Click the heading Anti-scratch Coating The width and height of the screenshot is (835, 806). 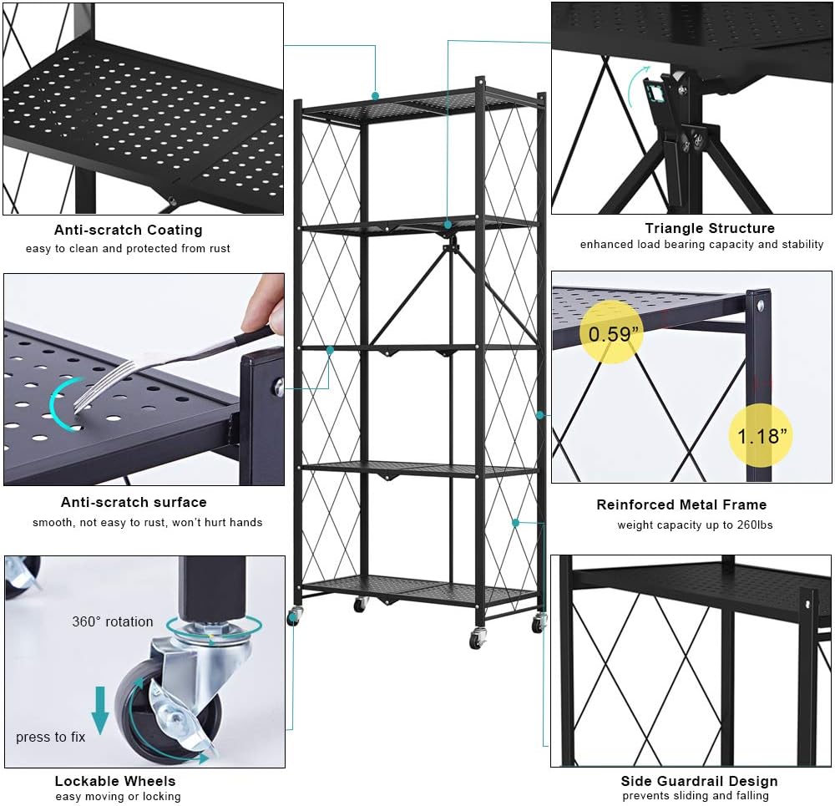tap(129, 230)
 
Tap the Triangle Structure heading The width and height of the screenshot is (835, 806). tap(709, 228)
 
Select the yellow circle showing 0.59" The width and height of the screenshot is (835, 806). tap(615, 333)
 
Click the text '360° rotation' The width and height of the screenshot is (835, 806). tap(113, 621)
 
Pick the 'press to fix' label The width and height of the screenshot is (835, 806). tap(51, 737)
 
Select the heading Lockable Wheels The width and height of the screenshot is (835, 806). tap(115, 781)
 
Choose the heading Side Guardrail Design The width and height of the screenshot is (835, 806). tap(699, 781)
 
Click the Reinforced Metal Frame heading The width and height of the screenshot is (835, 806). tap(681, 504)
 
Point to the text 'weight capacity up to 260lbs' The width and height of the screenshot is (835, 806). tap(695, 525)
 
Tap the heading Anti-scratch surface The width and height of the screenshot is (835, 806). tap(134, 502)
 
